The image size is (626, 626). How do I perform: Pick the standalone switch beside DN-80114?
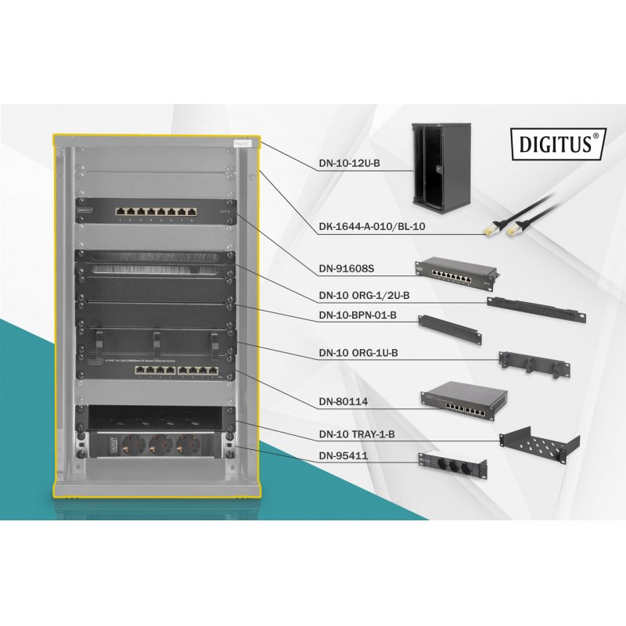click(x=461, y=400)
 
